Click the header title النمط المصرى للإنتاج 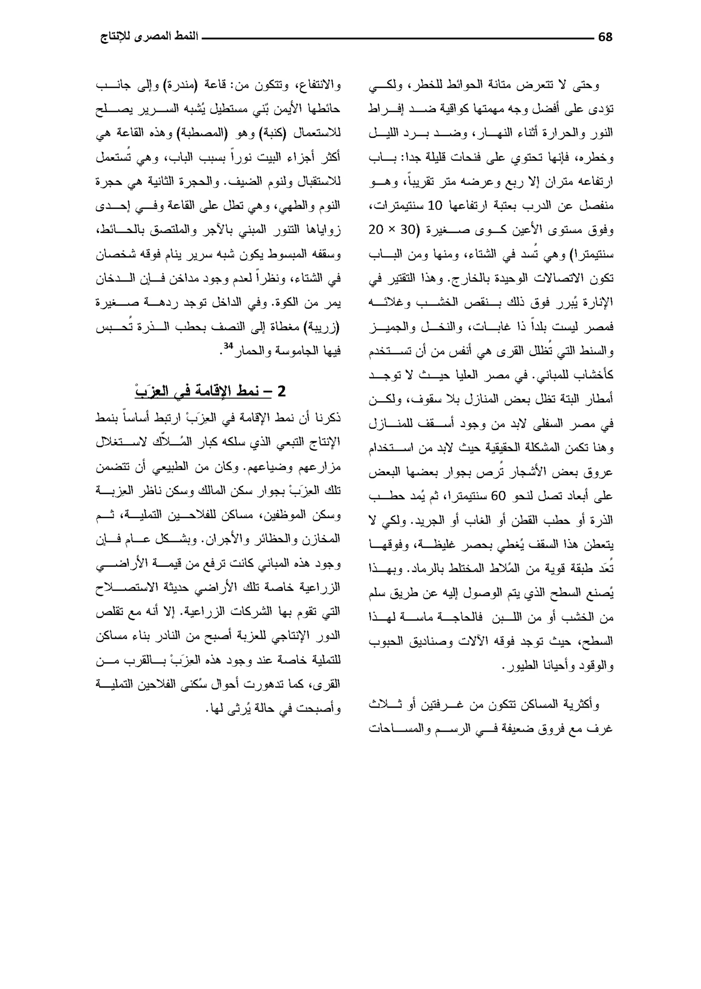[x=149, y=37]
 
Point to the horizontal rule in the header [x=397, y=38]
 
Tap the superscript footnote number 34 [x=228, y=346]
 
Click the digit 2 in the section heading [x=281, y=391]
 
